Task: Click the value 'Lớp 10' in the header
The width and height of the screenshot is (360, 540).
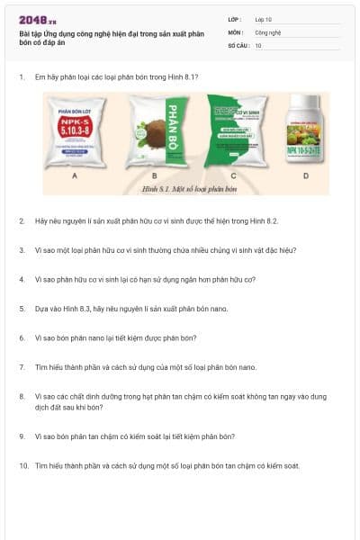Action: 264,18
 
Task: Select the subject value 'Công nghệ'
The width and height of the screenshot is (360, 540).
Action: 267,31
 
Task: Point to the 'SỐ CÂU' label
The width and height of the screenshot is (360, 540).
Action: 237,45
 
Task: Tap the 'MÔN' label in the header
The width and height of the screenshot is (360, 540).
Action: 236,31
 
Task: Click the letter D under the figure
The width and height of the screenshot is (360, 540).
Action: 305,175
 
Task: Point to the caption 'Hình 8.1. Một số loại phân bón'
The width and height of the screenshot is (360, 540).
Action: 185,189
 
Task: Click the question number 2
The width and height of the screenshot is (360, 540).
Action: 21,220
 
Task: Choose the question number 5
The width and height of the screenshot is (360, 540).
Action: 21,309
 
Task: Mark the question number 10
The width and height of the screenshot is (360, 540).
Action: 22,466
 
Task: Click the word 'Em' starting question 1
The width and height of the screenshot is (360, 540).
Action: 40,77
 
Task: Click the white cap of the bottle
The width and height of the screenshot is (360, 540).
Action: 304,100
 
